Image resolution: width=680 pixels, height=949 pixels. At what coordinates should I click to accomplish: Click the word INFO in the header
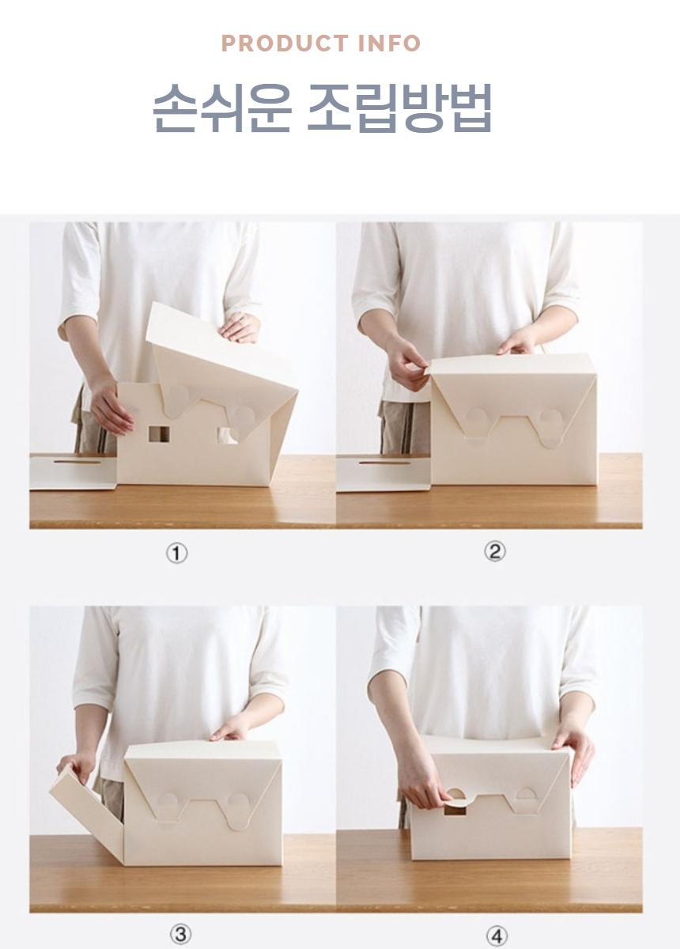click(389, 43)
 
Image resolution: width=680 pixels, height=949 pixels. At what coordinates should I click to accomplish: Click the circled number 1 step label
click(176, 554)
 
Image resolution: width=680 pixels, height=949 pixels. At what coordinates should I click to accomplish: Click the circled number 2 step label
click(494, 552)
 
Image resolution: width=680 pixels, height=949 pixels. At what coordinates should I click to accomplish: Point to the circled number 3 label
click(179, 935)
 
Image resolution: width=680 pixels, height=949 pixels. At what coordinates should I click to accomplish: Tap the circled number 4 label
click(497, 936)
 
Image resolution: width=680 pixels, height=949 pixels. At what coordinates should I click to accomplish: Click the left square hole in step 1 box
click(159, 433)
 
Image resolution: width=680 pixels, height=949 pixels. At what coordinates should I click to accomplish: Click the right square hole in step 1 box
click(229, 434)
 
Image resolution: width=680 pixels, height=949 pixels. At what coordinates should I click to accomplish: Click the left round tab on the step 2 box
click(477, 420)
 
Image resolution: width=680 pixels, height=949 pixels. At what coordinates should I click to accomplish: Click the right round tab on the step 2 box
click(549, 420)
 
